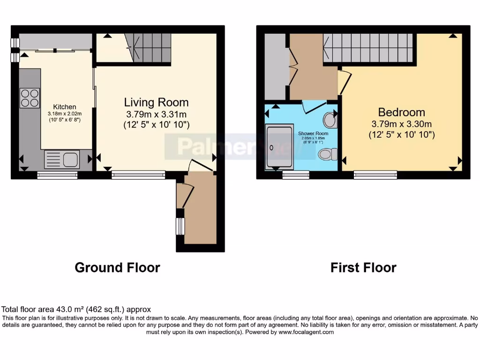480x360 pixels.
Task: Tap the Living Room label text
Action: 156,102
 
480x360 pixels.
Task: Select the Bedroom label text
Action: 402,112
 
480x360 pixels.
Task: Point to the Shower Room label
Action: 313,134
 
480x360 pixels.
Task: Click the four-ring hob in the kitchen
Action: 30,97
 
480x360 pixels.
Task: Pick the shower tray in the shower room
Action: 279,147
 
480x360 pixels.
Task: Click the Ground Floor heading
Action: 117,268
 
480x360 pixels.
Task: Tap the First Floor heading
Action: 363,268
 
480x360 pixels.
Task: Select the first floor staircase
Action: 368,48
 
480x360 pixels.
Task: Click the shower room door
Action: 312,107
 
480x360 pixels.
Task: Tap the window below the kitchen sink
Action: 57,175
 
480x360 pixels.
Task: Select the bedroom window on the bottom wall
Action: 375,175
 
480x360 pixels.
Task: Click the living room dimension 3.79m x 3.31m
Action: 156,114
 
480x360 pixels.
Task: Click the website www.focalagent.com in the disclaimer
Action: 306,332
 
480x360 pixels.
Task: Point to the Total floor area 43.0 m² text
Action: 76,309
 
